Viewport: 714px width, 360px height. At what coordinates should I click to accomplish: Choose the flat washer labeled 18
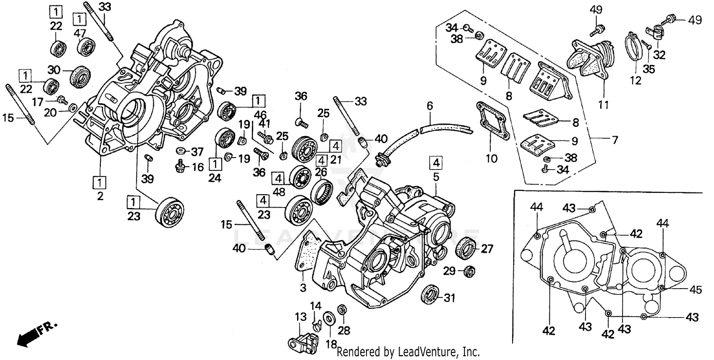[328, 319]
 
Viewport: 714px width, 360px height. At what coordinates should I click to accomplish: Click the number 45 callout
[696, 289]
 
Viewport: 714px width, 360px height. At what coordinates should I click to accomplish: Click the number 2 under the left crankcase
[100, 196]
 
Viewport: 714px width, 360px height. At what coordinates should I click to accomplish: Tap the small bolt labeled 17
[61, 100]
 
